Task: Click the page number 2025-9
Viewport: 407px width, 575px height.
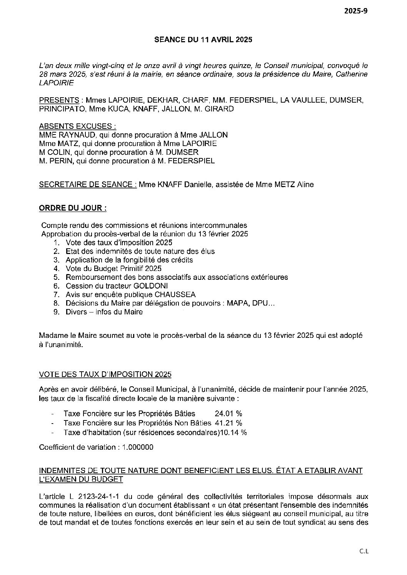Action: coord(356,11)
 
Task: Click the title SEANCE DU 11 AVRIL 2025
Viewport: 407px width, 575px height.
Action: coord(203,40)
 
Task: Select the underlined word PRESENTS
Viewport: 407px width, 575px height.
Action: coord(59,101)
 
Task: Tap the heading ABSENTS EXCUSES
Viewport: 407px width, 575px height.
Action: coord(77,126)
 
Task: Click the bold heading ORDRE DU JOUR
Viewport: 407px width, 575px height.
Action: coord(73,208)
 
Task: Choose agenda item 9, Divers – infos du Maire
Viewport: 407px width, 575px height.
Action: coord(104,312)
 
